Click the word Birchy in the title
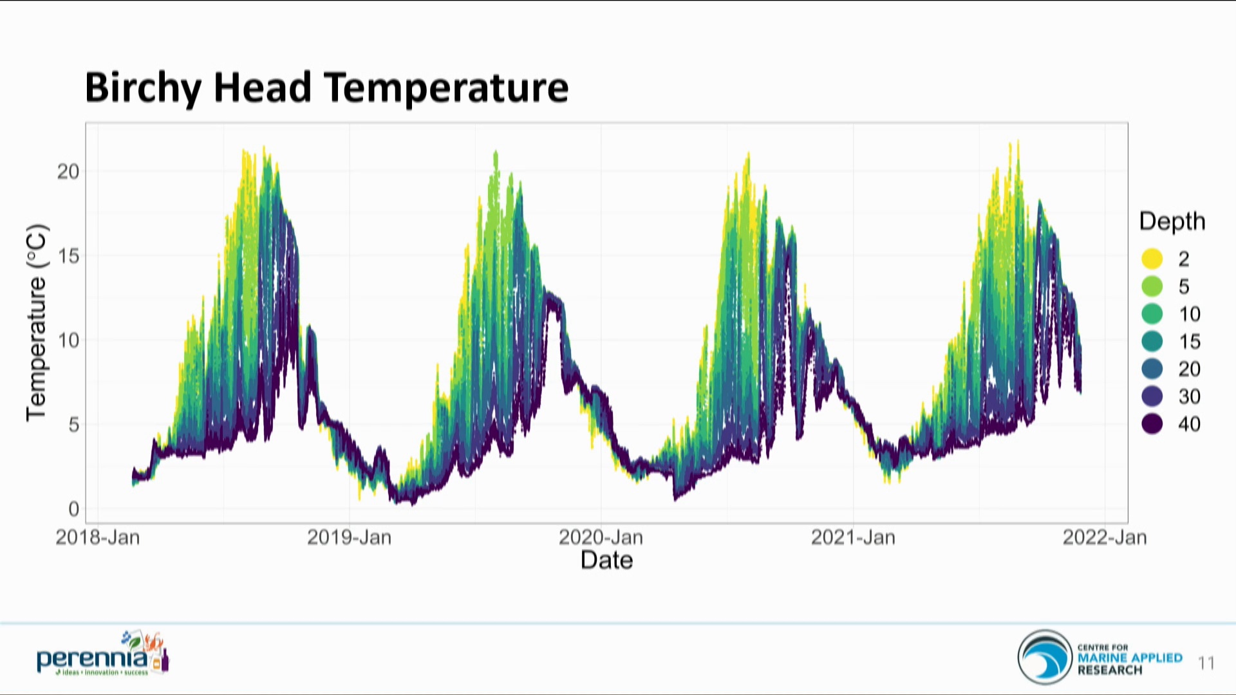[x=143, y=88]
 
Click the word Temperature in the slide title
[x=446, y=88]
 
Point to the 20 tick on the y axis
[x=68, y=172]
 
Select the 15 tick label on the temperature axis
[x=68, y=256]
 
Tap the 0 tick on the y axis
[x=73, y=509]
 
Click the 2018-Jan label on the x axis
[x=98, y=537]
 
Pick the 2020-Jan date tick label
[x=601, y=537]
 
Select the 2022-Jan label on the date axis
[x=1105, y=537]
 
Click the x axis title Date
[x=606, y=560]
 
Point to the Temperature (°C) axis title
[x=36, y=322]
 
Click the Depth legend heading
[x=1172, y=221]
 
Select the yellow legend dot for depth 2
[x=1152, y=259]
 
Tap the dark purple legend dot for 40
[x=1152, y=423]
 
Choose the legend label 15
[x=1189, y=342]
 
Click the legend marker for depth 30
[x=1152, y=396]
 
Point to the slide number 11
[x=1206, y=663]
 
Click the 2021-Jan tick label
[x=853, y=537]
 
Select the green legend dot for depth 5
[x=1152, y=286]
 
